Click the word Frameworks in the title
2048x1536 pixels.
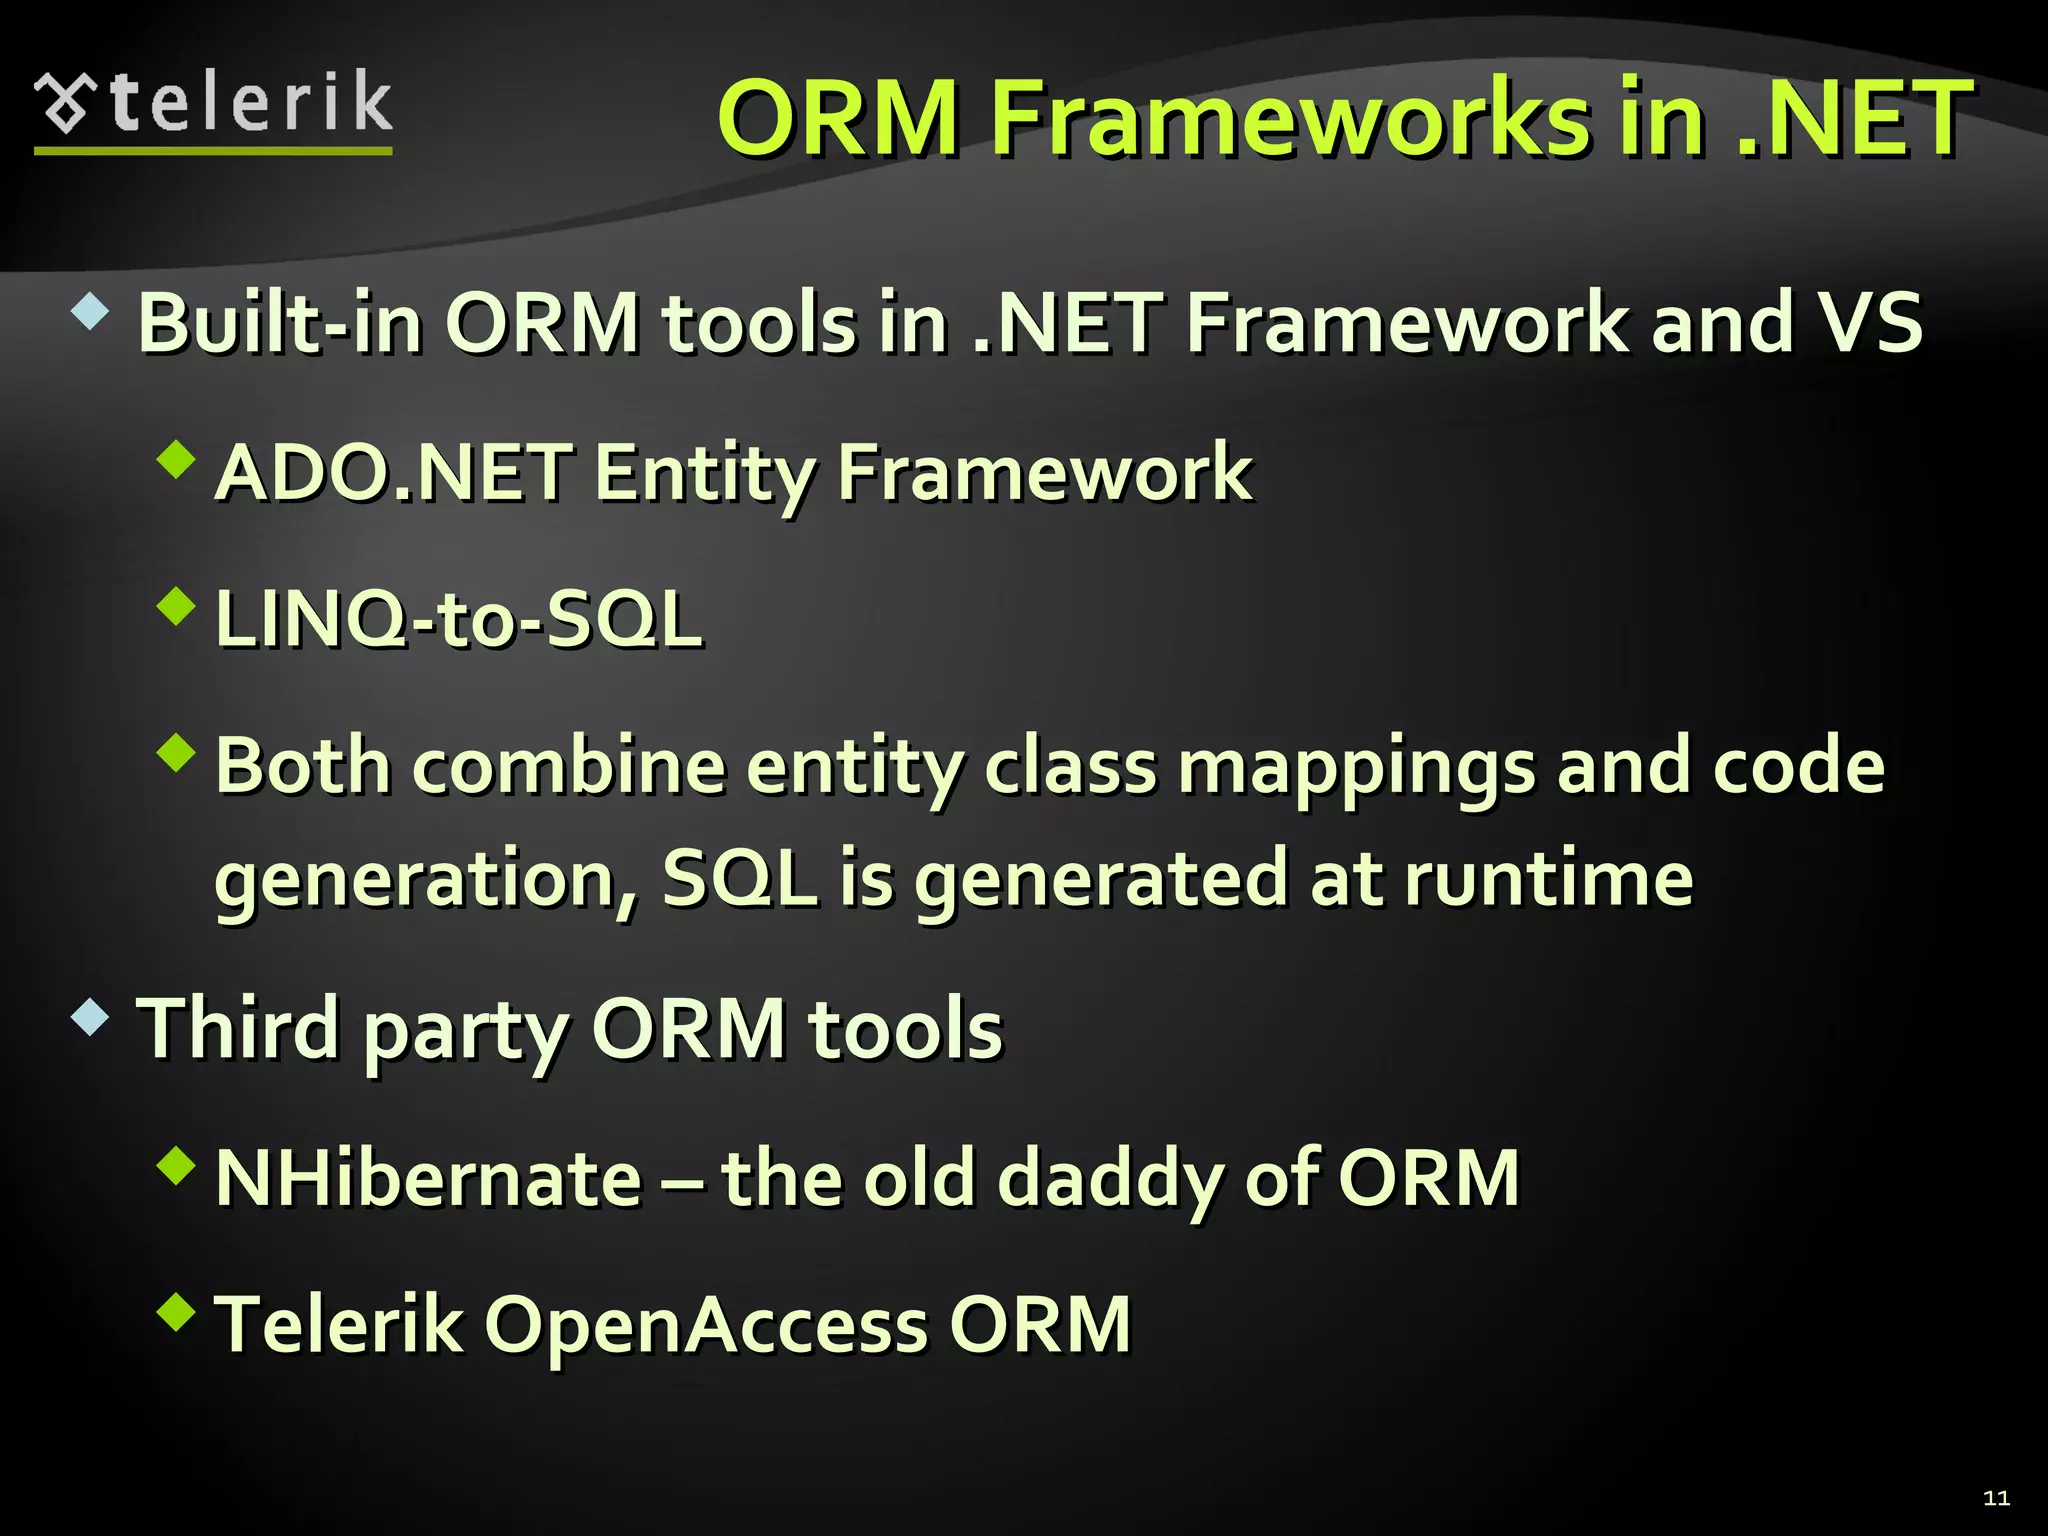click(1289, 119)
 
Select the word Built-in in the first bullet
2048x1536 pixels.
click(279, 323)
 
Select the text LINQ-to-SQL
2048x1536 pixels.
click(459, 619)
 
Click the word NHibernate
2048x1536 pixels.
click(428, 1178)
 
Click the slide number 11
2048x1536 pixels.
click(1996, 1497)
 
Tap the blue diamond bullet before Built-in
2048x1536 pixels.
click(90, 312)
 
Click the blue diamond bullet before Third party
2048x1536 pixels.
click(90, 1018)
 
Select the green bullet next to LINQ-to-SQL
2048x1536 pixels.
click(177, 606)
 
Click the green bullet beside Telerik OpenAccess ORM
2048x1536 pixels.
click(177, 1311)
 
